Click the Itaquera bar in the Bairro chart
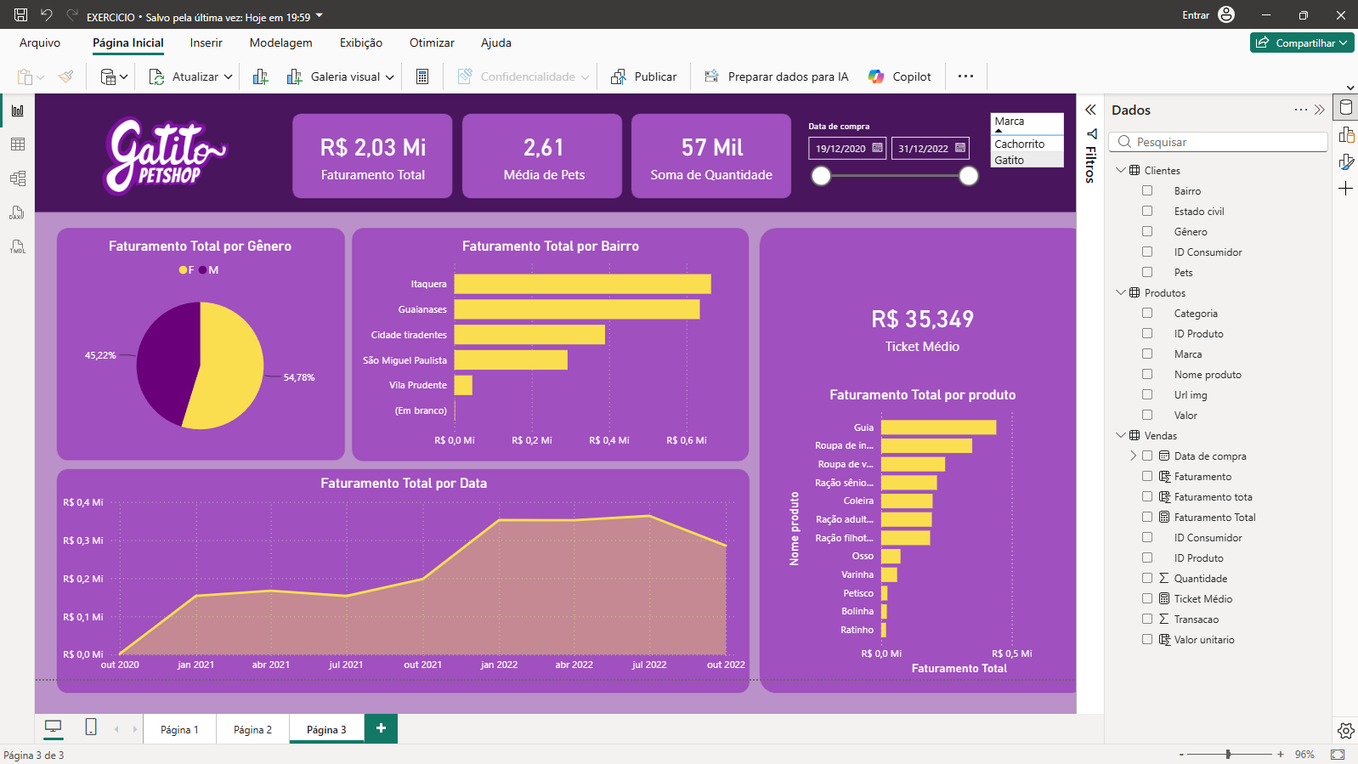point(583,284)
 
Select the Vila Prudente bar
point(463,385)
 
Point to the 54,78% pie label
point(299,377)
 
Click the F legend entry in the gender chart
point(187,270)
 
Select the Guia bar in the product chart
point(938,427)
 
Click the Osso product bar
point(891,556)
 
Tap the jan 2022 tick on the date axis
point(499,665)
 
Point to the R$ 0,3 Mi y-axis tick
point(83,540)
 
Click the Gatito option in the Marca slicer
point(1009,160)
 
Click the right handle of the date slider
point(968,176)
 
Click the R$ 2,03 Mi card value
point(373,147)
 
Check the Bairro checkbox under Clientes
point(1147,190)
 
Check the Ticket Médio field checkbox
point(1147,598)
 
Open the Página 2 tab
point(252,729)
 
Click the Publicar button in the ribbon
point(643,77)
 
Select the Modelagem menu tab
point(280,43)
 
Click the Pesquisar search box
point(1218,142)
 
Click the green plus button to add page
point(381,728)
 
